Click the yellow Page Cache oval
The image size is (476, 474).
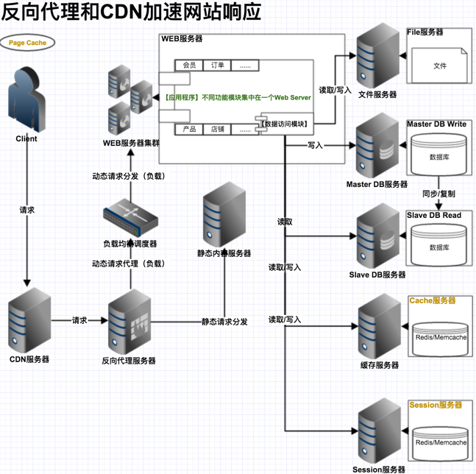click(27, 43)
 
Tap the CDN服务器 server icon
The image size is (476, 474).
click(29, 321)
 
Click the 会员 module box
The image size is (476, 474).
click(189, 66)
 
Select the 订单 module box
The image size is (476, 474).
click(218, 66)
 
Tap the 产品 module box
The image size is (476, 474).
click(189, 130)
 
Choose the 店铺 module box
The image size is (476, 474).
click(218, 130)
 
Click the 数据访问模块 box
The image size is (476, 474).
click(285, 124)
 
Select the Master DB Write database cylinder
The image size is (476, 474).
click(439, 155)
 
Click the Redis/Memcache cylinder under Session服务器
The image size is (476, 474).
click(439, 442)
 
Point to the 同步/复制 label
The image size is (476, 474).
click(438, 194)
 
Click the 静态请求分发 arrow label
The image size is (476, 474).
click(224, 322)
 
